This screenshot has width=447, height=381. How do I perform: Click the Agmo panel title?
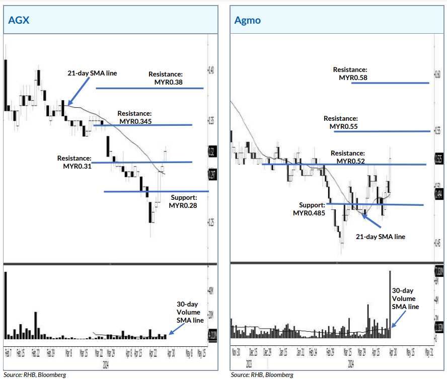tap(247, 20)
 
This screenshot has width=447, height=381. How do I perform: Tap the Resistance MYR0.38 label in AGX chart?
tap(166, 78)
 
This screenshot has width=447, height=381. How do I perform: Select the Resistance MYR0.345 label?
tap(134, 117)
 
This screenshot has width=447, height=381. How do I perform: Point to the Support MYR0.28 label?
tap(184, 201)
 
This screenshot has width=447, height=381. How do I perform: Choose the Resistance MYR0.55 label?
tap(343, 122)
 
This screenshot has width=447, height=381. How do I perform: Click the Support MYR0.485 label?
tap(309, 209)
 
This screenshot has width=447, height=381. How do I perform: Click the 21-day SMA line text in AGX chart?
tap(92, 73)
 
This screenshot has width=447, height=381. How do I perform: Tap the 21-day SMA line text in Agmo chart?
tap(380, 236)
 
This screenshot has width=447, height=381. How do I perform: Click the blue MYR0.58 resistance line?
tap(390, 83)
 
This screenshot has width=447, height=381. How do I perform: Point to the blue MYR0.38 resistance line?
tap(150, 88)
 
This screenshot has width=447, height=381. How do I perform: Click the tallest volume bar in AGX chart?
tap(6, 304)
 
